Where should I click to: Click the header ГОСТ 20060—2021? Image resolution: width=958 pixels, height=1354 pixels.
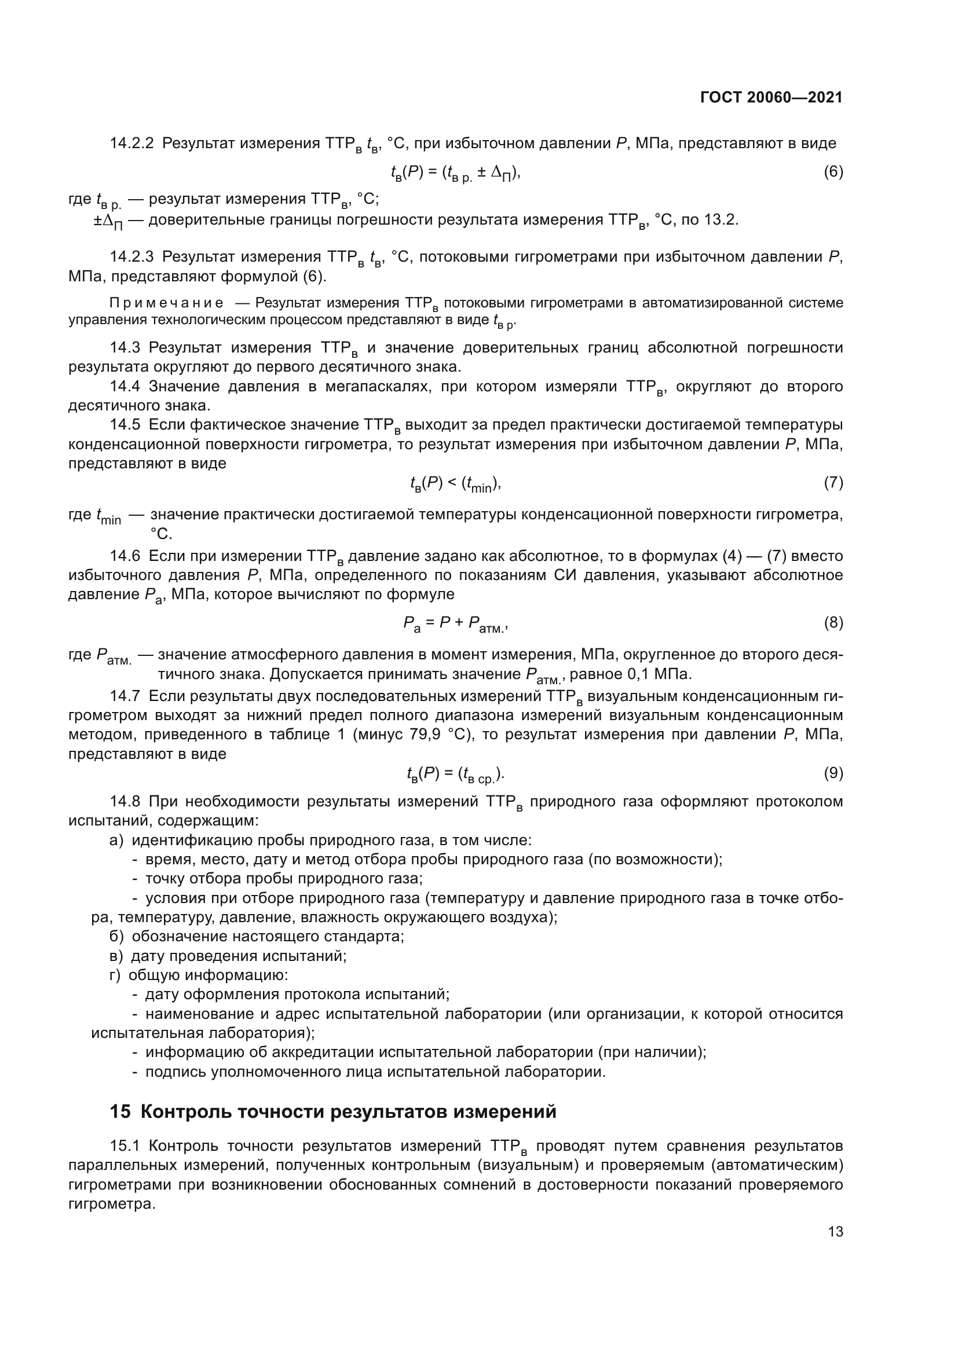click(x=771, y=98)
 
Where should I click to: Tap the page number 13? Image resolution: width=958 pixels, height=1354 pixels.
click(x=835, y=1231)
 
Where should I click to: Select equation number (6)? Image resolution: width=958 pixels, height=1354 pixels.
click(x=833, y=172)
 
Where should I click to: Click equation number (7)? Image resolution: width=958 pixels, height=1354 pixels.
click(x=833, y=483)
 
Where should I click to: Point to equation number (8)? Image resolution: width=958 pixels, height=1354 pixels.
click(x=833, y=623)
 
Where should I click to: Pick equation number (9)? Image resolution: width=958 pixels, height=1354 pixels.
click(x=833, y=773)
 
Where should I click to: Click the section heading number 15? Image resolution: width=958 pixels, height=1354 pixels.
click(x=120, y=1111)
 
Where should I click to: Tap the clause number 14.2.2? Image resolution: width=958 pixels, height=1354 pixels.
click(x=131, y=144)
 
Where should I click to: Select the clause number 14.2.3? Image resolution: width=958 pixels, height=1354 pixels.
click(x=131, y=257)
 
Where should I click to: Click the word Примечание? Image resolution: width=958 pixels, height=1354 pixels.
click(x=166, y=303)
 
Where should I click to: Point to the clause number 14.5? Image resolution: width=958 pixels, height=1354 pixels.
click(x=125, y=425)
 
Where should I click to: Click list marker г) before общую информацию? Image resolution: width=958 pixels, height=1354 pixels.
click(x=115, y=975)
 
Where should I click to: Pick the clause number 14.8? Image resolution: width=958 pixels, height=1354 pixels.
click(x=125, y=802)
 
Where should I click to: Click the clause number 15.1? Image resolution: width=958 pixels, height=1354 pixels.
click(x=125, y=1146)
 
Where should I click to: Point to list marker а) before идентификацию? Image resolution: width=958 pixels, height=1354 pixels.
click(x=116, y=841)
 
